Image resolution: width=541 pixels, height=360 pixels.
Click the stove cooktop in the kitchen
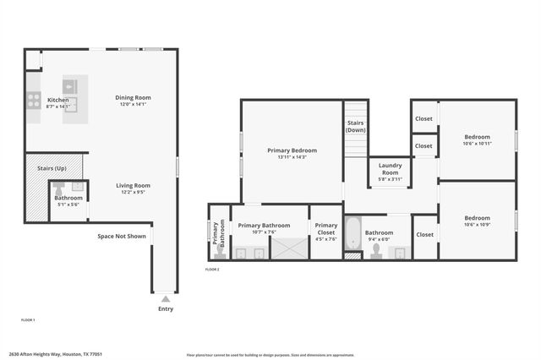coord(33,101)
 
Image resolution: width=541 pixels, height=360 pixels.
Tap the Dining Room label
coord(133,97)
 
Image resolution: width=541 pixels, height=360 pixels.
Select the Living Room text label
coord(133,185)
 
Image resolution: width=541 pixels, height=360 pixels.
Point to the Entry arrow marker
coord(165,298)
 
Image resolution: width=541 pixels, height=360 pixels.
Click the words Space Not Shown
coord(122,236)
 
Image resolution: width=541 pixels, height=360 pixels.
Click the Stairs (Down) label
coord(356,127)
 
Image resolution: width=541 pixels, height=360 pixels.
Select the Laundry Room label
coord(390,167)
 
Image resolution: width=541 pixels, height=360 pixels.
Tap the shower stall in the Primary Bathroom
coord(288,248)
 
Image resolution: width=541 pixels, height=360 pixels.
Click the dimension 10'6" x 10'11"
coord(477,144)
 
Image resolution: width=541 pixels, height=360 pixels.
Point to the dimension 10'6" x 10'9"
coord(477,224)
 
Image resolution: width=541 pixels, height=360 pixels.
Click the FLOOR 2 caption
coord(212,269)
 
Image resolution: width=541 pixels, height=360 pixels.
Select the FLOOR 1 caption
coord(28,319)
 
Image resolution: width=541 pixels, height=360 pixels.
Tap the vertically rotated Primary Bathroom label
coord(218,232)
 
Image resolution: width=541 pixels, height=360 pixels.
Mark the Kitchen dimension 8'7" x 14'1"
coord(58,107)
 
